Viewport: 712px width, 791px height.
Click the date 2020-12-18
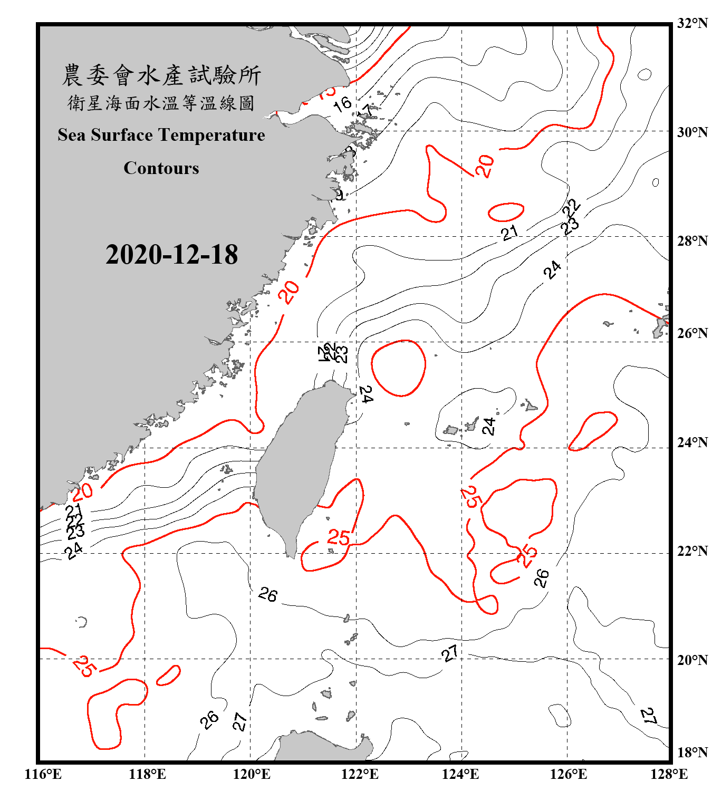(171, 255)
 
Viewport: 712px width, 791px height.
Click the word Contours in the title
(161, 168)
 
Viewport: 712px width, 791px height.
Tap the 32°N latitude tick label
(692, 23)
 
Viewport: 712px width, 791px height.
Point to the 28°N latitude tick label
(692, 241)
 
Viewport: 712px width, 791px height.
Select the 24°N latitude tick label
(692, 442)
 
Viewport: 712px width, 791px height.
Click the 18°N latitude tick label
(692, 752)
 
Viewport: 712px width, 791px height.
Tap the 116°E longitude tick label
(43, 774)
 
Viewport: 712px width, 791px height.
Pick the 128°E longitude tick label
(669, 774)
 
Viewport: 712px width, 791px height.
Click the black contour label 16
(343, 104)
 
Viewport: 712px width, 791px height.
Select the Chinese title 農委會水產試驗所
(161, 75)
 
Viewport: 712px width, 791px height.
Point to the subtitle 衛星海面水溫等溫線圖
(161, 103)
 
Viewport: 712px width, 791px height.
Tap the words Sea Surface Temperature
(161, 135)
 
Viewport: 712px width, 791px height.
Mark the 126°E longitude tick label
(569, 774)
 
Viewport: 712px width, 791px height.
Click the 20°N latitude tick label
(692, 660)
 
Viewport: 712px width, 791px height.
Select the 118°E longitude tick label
(147, 774)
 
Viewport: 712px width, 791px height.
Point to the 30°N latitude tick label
(692, 132)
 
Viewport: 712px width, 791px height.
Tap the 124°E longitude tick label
(460, 774)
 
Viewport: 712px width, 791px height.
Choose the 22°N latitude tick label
(692, 551)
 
